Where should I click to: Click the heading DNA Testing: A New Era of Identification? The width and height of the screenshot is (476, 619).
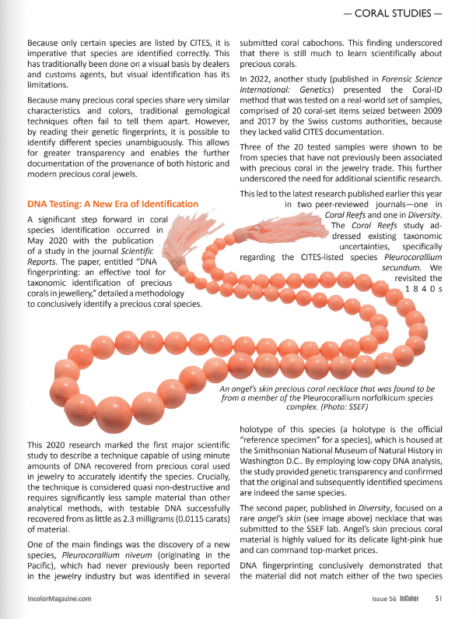(113, 204)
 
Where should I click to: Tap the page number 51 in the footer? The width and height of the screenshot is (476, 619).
(439, 598)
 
